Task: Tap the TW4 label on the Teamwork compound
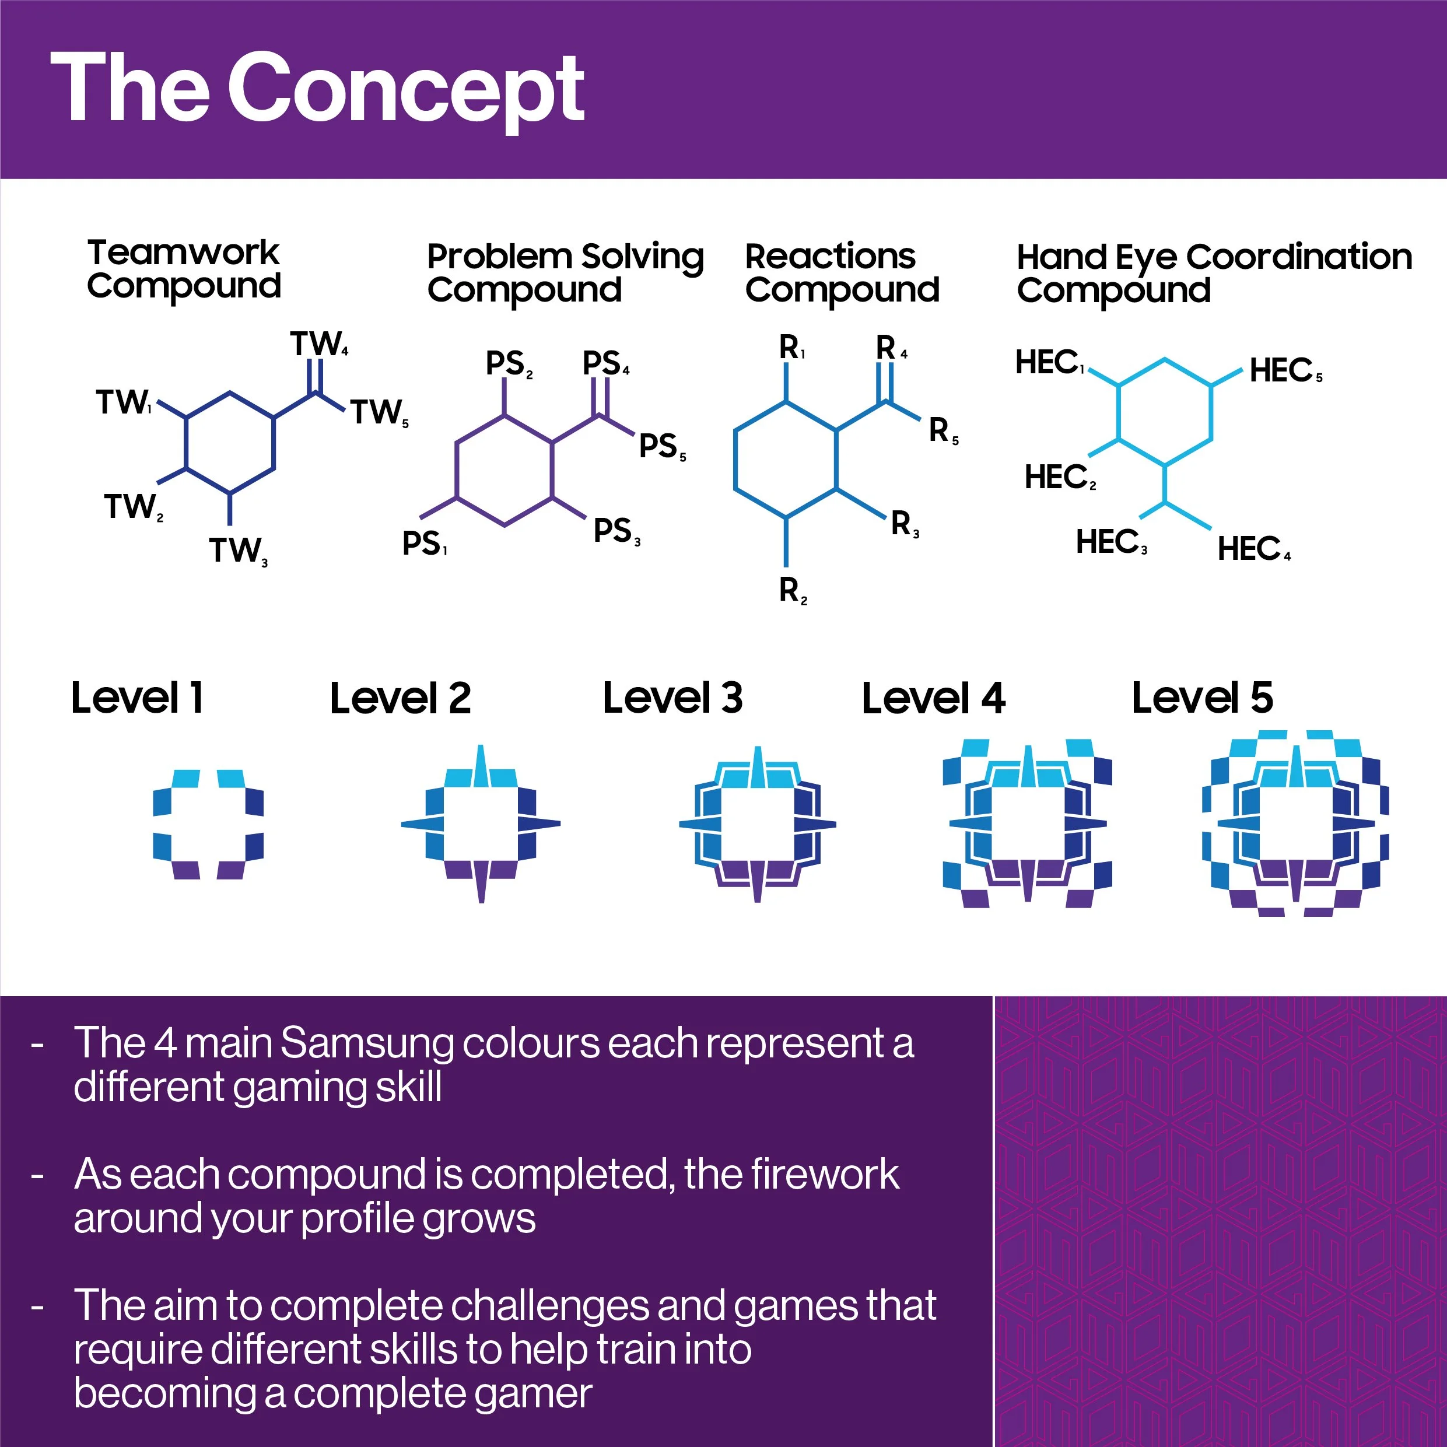click(x=318, y=345)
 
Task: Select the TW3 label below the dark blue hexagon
click(x=237, y=551)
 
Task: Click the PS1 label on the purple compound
click(x=424, y=544)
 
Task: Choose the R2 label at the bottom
click(x=793, y=590)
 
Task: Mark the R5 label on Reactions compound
click(x=942, y=430)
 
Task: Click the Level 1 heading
click(x=137, y=698)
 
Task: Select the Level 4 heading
click(x=933, y=698)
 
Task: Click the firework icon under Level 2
click(x=480, y=824)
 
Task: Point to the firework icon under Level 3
click(x=757, y=824)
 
